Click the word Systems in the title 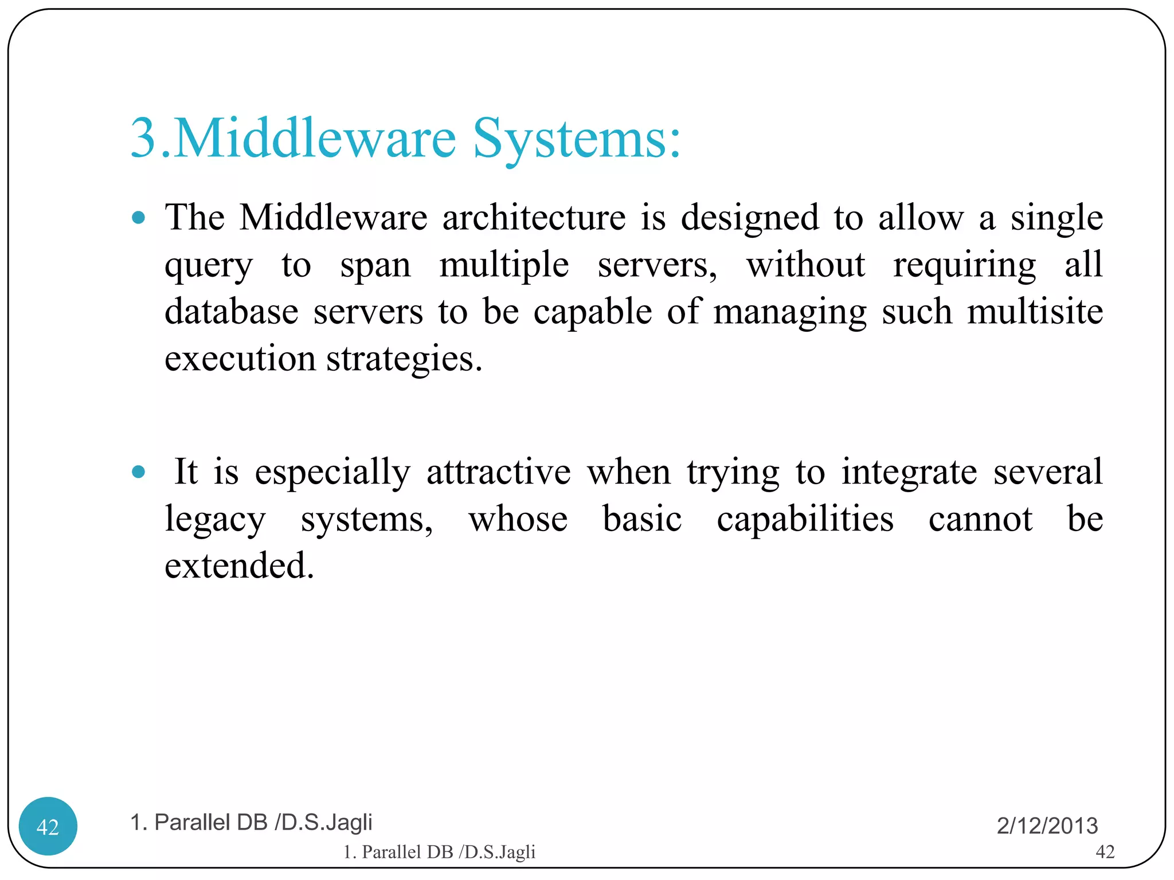pyautogui.click(x=576, y=139)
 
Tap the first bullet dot pyautogui.click(x=138, y=218)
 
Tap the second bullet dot pyautogui.click(x=138, y=472)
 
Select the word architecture pyautogui.click(x=534, y=218)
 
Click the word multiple pyautogui.click(x=504, y=265)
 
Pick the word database pyautogui.click(x=231, y=312)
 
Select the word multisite pyautogui.click(x=1035, y=312)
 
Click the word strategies pyautogui.click(x=404, y=360)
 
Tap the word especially pyautogui.click(x=332, y=473)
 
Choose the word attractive pyautogui.click(x=498, y=472)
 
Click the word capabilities pyautogui.click(x=805, y=519)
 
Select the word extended pyautogui.click(x=239, y=565)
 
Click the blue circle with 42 pyautogui.click(x=48, y=826)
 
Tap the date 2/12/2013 pyautogui.click(x=1047, y=826)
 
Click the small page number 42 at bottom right pyautogui.click(x=1105, y=852)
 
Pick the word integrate pyautogui.click(x=909, y=473)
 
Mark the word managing pyautogui.click(x=789, y=313)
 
